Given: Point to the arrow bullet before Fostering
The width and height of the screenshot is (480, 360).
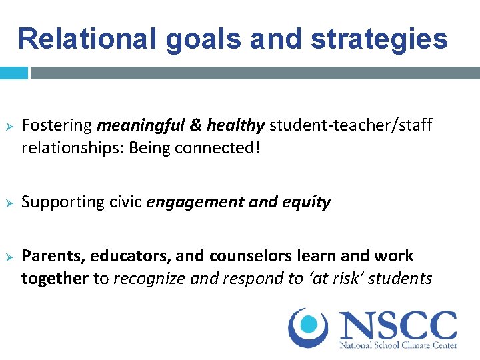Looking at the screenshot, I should coord(9,126).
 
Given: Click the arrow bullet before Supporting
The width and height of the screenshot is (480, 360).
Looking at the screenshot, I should coord(9,202).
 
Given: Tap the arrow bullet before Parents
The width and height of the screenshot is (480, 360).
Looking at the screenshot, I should coord(9,256).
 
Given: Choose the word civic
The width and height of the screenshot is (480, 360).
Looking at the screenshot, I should coord(127,202).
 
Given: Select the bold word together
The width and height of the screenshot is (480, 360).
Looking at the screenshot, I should coord(55,279).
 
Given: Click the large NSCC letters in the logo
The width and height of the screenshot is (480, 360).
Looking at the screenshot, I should coord(398,325).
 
